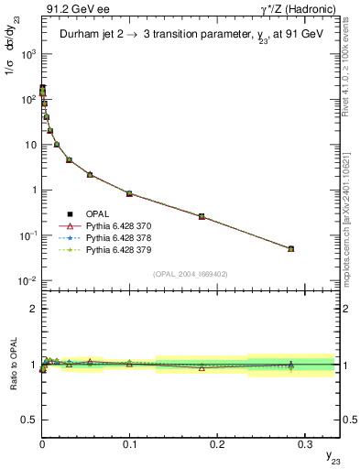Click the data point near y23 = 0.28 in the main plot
[x=290, y=248]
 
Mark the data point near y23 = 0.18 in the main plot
[x=202, y=216]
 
